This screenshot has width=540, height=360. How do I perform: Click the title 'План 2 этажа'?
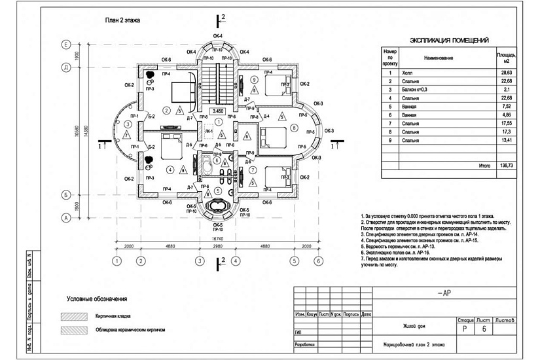point(123,20)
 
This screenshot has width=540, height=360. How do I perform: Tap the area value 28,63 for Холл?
point(505,73)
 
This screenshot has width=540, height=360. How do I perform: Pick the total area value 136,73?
point(504,166)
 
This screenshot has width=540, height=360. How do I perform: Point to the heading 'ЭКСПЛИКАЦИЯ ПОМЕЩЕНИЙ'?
point(449,41)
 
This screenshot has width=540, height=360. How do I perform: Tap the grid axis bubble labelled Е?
point(66,44)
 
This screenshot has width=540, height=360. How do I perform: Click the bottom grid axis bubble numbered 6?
point(318,261)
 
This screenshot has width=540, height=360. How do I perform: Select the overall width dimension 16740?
point(217,240)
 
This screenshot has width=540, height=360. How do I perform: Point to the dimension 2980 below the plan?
point(217,248)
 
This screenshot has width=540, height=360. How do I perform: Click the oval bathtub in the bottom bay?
point(217,210)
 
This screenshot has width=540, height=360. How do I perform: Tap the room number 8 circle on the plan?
point(294,128)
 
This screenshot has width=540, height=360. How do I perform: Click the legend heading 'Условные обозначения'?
point(97,300)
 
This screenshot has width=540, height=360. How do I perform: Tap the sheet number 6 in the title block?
point(484,329)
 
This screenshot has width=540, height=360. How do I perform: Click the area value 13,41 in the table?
point(505,140)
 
